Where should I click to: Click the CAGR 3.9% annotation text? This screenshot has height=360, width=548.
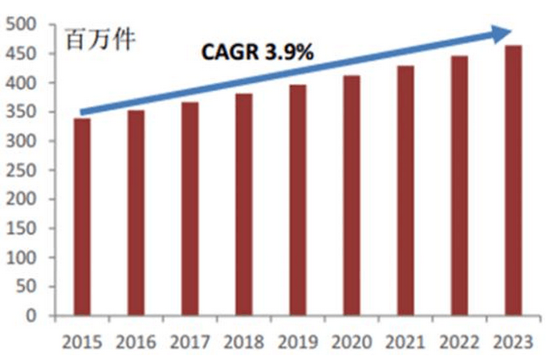pos(257,53)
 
